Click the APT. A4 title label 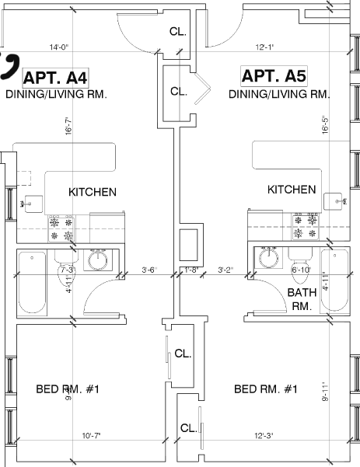pyautogui.click(x=56, y=77)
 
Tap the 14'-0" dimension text pyautogui.click(x=59, y=47)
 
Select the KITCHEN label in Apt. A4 pyautogui.click(x=93, y=192)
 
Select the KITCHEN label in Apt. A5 pyautogui.click(x=292, y=190)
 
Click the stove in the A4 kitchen pyautogui.click(x=62, y=227)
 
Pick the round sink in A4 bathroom pyautogui.click(x=98, y=260)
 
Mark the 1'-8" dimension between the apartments pyautogui.click(x=192, y=270)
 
